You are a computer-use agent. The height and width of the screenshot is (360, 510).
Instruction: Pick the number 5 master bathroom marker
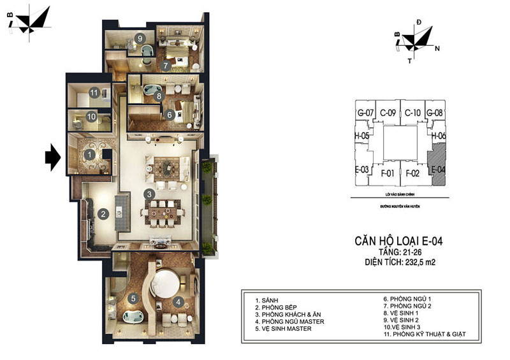click(x=133, y=298)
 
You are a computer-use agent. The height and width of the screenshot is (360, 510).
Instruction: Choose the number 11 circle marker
click(x=94, y=93)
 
